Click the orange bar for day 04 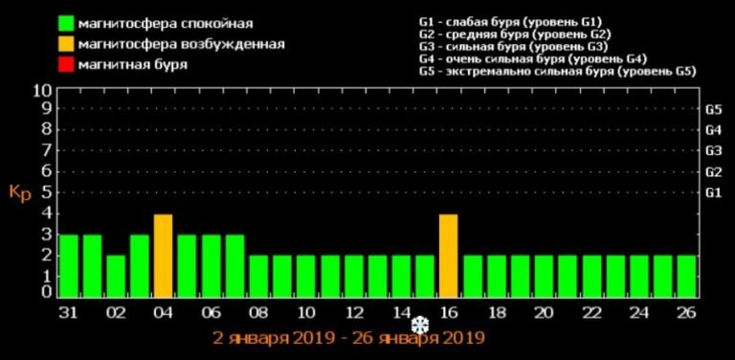coord(163,257)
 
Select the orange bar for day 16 coord(449,257)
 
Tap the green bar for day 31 coord(68,266)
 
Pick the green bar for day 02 coord(116,277)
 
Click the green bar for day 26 coord(686,277)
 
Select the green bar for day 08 coord(258,277)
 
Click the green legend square coord(66,22)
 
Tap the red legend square coord(66,65)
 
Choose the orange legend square coord(66,44)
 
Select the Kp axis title coord(20,191)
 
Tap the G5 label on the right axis coord(713,109)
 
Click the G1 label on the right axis coord(713,192)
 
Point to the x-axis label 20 coord(544,313)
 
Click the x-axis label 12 coord(353,313)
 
